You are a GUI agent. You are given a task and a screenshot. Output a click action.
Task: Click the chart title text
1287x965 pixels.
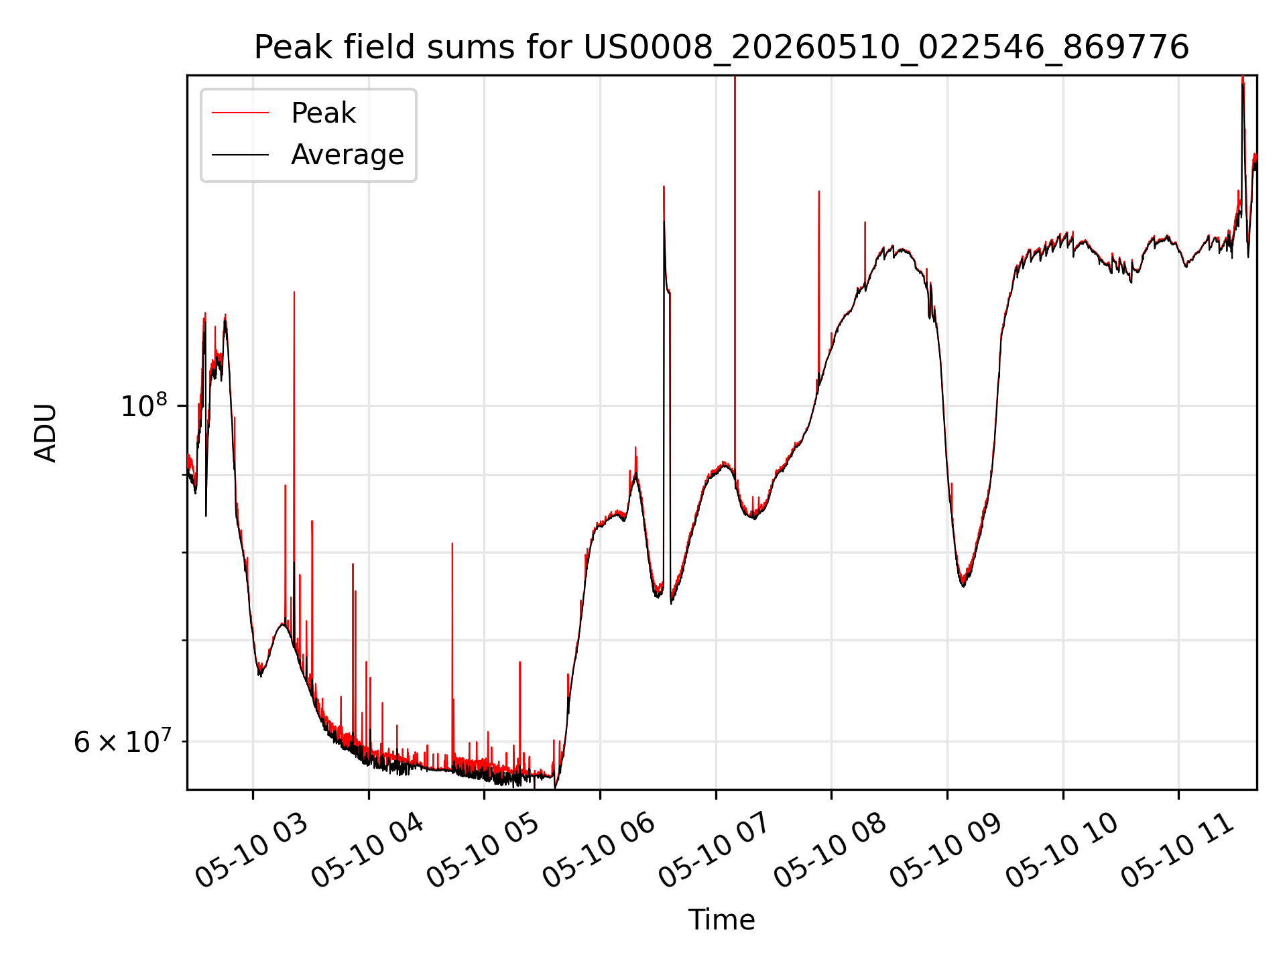point(721,48)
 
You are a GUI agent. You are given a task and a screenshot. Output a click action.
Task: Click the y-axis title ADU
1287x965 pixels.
point(46,433)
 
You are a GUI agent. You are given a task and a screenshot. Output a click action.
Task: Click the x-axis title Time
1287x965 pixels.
point(721,920)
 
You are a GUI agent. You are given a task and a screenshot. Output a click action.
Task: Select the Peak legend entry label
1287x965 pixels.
point(323,113)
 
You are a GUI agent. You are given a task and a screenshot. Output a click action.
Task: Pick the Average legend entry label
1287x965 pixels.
point(347,155)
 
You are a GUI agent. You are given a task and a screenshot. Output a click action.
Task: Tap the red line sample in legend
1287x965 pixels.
point(240,113)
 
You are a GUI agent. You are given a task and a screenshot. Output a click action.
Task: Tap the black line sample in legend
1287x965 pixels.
point(240,155)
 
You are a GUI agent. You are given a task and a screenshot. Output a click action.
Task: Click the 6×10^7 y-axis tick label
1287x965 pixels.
point(122,742)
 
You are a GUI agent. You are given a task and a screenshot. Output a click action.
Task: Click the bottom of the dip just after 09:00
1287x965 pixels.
point(963,586)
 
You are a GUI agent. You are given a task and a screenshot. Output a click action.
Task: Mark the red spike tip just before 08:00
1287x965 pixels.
point(818,192)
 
